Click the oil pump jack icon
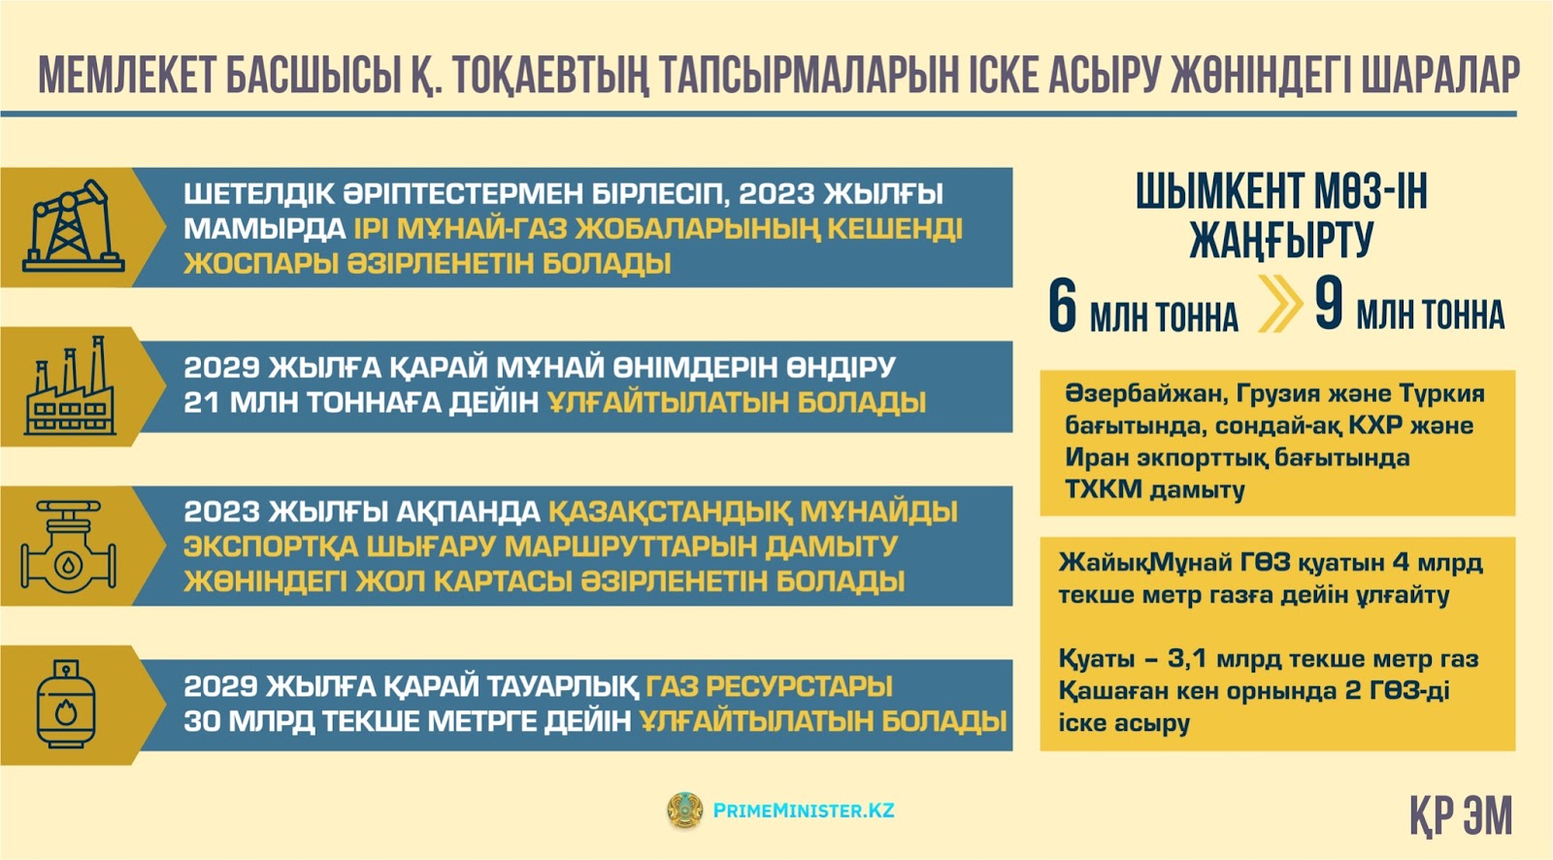(x=73, y=226)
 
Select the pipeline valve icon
(x=69, y=546)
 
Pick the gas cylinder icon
(x=66, y=704)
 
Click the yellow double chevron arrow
(x=1279, y=304)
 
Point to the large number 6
(x=1062, y=306)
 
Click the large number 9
(x=1329, y=304)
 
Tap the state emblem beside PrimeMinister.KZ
(x=684, y=810)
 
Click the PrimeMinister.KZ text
(x=804, y=810)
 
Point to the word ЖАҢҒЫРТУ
(x=1281, y=240)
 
